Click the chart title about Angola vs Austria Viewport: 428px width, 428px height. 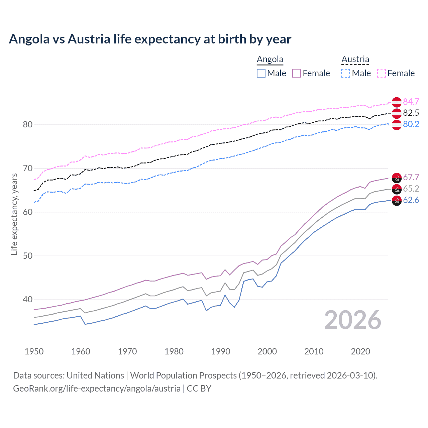tap(150, 39)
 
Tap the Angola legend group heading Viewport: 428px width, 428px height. tap(270, 60)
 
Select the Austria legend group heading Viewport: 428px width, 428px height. tap(355, 60)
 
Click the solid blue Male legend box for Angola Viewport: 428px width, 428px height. tap(261, 73)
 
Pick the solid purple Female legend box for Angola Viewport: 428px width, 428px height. tap(297, 73)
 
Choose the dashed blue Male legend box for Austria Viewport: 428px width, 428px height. tap(346, 73)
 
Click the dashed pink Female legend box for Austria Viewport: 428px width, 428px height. tap(382, 73)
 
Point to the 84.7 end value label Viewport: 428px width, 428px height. tap(411, 102)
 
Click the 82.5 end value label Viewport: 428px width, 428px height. tap(411, 113)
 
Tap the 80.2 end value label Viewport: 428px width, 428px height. tap(411, 124)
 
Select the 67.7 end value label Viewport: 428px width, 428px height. tap(411, 177)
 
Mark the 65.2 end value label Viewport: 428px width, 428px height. tap(411, 189)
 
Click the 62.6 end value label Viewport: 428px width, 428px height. tap(411, 200)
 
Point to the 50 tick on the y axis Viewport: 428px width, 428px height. tap(27, 256)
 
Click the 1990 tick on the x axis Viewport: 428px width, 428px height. tap(221, 351)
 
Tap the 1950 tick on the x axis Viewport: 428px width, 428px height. tap(34, 351)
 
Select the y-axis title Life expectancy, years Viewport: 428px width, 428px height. tap(14, 214)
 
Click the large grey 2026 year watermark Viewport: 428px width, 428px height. tap(352, 320)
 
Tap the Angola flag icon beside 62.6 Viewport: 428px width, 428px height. tap(397, 201)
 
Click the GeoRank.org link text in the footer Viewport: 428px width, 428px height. tap(97, 389)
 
